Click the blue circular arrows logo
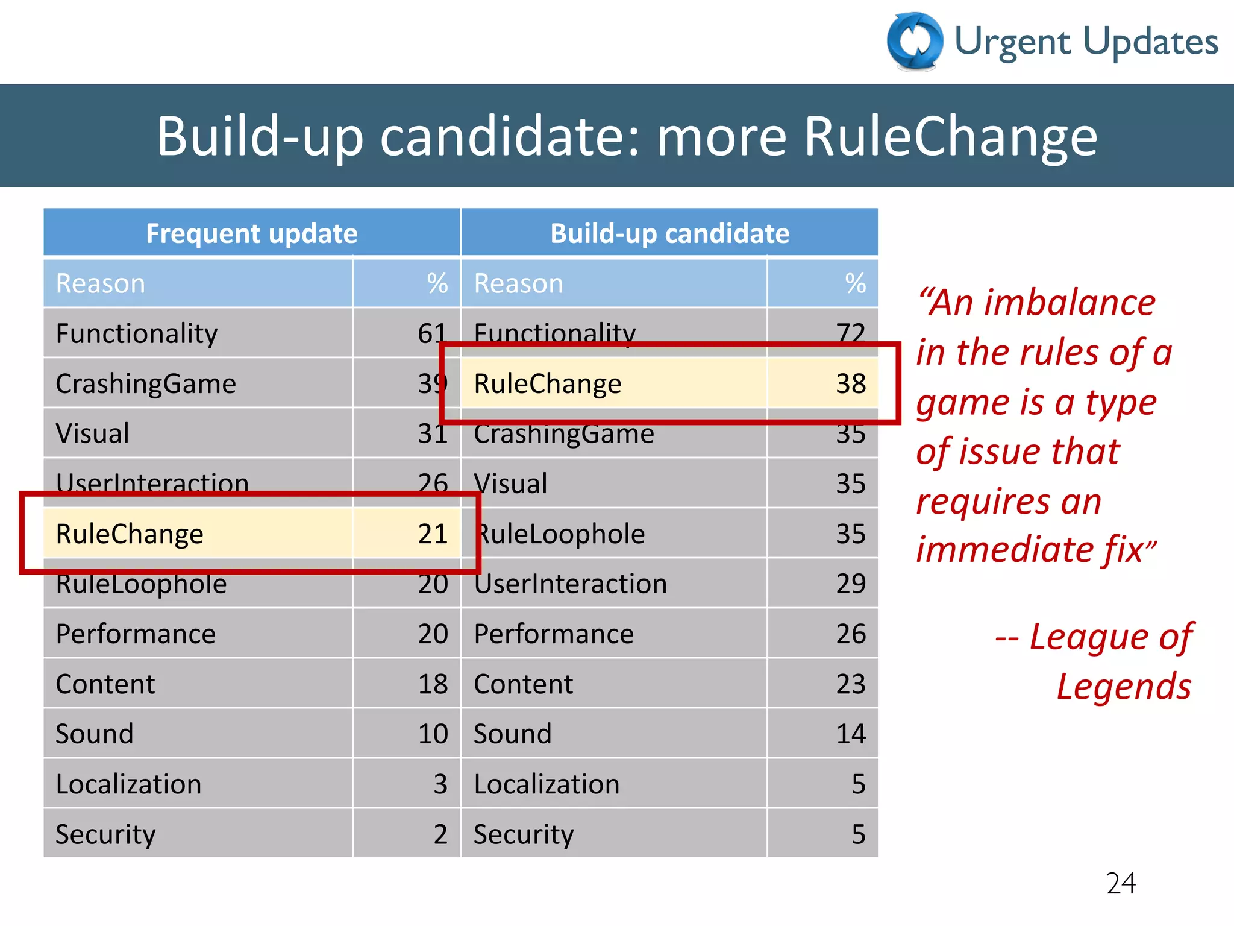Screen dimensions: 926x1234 click(915, 41)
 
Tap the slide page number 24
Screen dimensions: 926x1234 click(1121, 883)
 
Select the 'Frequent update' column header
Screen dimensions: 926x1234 click(252, 233)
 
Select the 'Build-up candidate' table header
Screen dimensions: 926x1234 click(669, 233)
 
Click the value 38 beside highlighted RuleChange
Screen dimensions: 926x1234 click(850, 383)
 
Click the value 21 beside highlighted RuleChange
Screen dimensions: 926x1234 click(433, 534)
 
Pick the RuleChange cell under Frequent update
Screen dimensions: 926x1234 click(130, 534)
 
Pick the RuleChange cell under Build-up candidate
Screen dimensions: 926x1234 click(547, 383)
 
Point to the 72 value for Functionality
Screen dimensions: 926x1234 click(850, 333)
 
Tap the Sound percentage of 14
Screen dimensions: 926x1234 click(850, 734)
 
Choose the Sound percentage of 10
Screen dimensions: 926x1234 click(433, 734)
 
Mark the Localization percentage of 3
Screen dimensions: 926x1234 click(440, 784)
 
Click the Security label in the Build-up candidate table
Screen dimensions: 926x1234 click(523, 834)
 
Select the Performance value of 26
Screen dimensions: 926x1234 click(850, 634)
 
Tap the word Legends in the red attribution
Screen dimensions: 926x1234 click(1124, 686)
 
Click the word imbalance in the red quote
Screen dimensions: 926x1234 click(1070, 302)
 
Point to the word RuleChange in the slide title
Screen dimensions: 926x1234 click(950, 136)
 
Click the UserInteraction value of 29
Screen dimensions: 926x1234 click(850, 584)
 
